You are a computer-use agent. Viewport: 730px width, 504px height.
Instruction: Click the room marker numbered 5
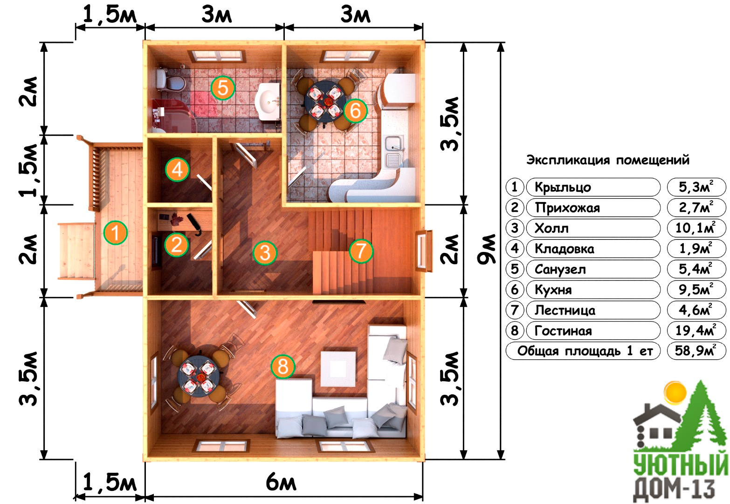coord(222,88)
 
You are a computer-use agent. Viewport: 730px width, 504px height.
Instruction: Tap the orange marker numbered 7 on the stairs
coord(361,251)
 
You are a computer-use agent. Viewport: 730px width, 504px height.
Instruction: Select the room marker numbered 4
coord(177,169)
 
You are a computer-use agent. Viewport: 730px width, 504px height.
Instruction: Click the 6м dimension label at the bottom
coord(281,482)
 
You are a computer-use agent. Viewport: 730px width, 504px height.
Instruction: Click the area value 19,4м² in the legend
coord(696,331)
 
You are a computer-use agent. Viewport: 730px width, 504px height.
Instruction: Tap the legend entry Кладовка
coord(564,249)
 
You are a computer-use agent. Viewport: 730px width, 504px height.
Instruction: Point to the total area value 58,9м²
coord(696,351)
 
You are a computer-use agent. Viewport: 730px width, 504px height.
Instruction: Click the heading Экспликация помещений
coord(607,160)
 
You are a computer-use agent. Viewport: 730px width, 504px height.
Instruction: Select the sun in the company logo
coord(675,393)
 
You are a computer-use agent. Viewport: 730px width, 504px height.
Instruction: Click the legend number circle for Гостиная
coord(514,331)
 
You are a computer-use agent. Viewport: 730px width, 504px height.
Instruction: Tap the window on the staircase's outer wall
coord(423,250)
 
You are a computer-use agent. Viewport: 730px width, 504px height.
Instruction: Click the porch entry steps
coord(76,251)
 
